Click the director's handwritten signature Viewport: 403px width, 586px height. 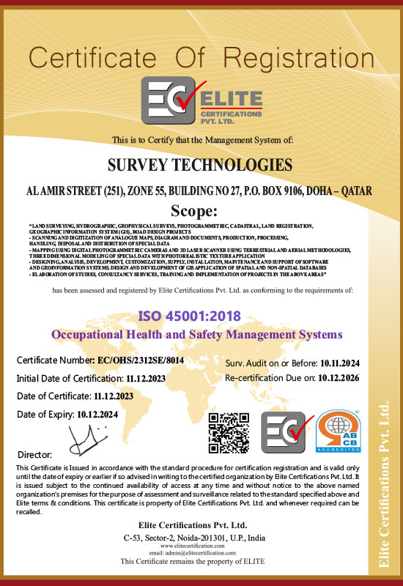coord(82,439)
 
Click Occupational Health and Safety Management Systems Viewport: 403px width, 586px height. coord(197,335)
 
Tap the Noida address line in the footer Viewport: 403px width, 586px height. coord(193,538)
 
